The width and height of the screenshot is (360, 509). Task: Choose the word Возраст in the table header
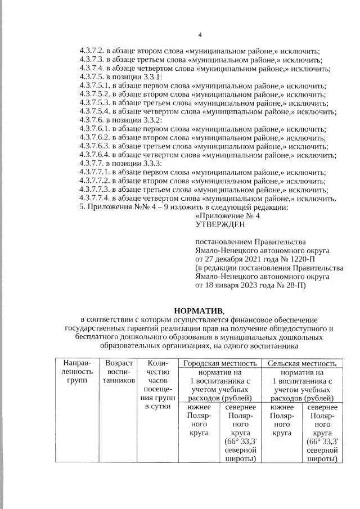(x=119, y=364)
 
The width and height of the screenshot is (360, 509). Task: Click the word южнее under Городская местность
(x=197, y=407)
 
